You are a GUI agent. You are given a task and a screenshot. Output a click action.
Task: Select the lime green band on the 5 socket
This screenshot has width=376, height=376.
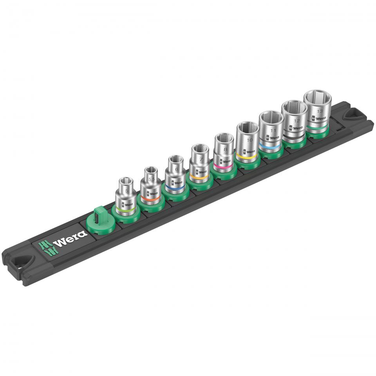[x=127, y=210]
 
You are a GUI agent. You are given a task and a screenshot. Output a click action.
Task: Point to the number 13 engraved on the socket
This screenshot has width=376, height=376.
[x=320, y=111]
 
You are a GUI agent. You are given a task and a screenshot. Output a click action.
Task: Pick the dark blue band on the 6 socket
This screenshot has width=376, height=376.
[x=175, y=189]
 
